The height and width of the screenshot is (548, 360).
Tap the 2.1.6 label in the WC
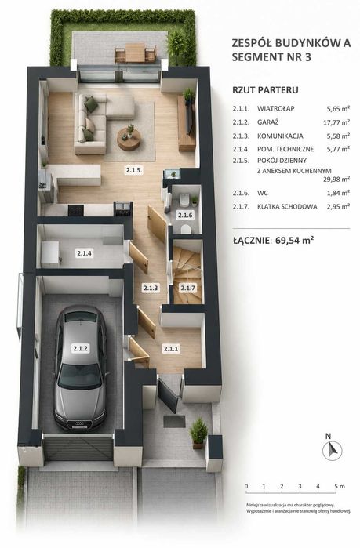[x=185, y=216]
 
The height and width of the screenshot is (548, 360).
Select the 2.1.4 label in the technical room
[x=85, y=253]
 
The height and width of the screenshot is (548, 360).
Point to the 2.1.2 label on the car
[x=80, y=348]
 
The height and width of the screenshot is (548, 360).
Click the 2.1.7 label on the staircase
[x=187, y=289]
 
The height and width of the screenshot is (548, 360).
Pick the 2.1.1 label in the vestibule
[x=172, y=348]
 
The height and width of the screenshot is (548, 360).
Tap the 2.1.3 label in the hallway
[x=151, y=289]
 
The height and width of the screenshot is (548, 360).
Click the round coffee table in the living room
[x=129, y=139]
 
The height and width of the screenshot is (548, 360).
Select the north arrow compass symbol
[x=332, y=450]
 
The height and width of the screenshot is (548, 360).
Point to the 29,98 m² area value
[x=336, y=180]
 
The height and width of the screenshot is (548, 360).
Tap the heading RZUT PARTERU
[x=265, y=90]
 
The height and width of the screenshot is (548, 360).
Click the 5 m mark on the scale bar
[x=336, y=487]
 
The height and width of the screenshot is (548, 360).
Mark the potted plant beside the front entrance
[x=198, y=434]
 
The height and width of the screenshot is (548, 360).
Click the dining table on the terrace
[x=135, y=53]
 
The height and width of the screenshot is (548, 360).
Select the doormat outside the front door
[x=174, y=422]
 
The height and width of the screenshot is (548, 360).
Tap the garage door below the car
[x=78, y=447]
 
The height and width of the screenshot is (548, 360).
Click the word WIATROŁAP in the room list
[x=276, y=109]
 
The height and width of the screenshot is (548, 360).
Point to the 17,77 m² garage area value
[x=336, y=122]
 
